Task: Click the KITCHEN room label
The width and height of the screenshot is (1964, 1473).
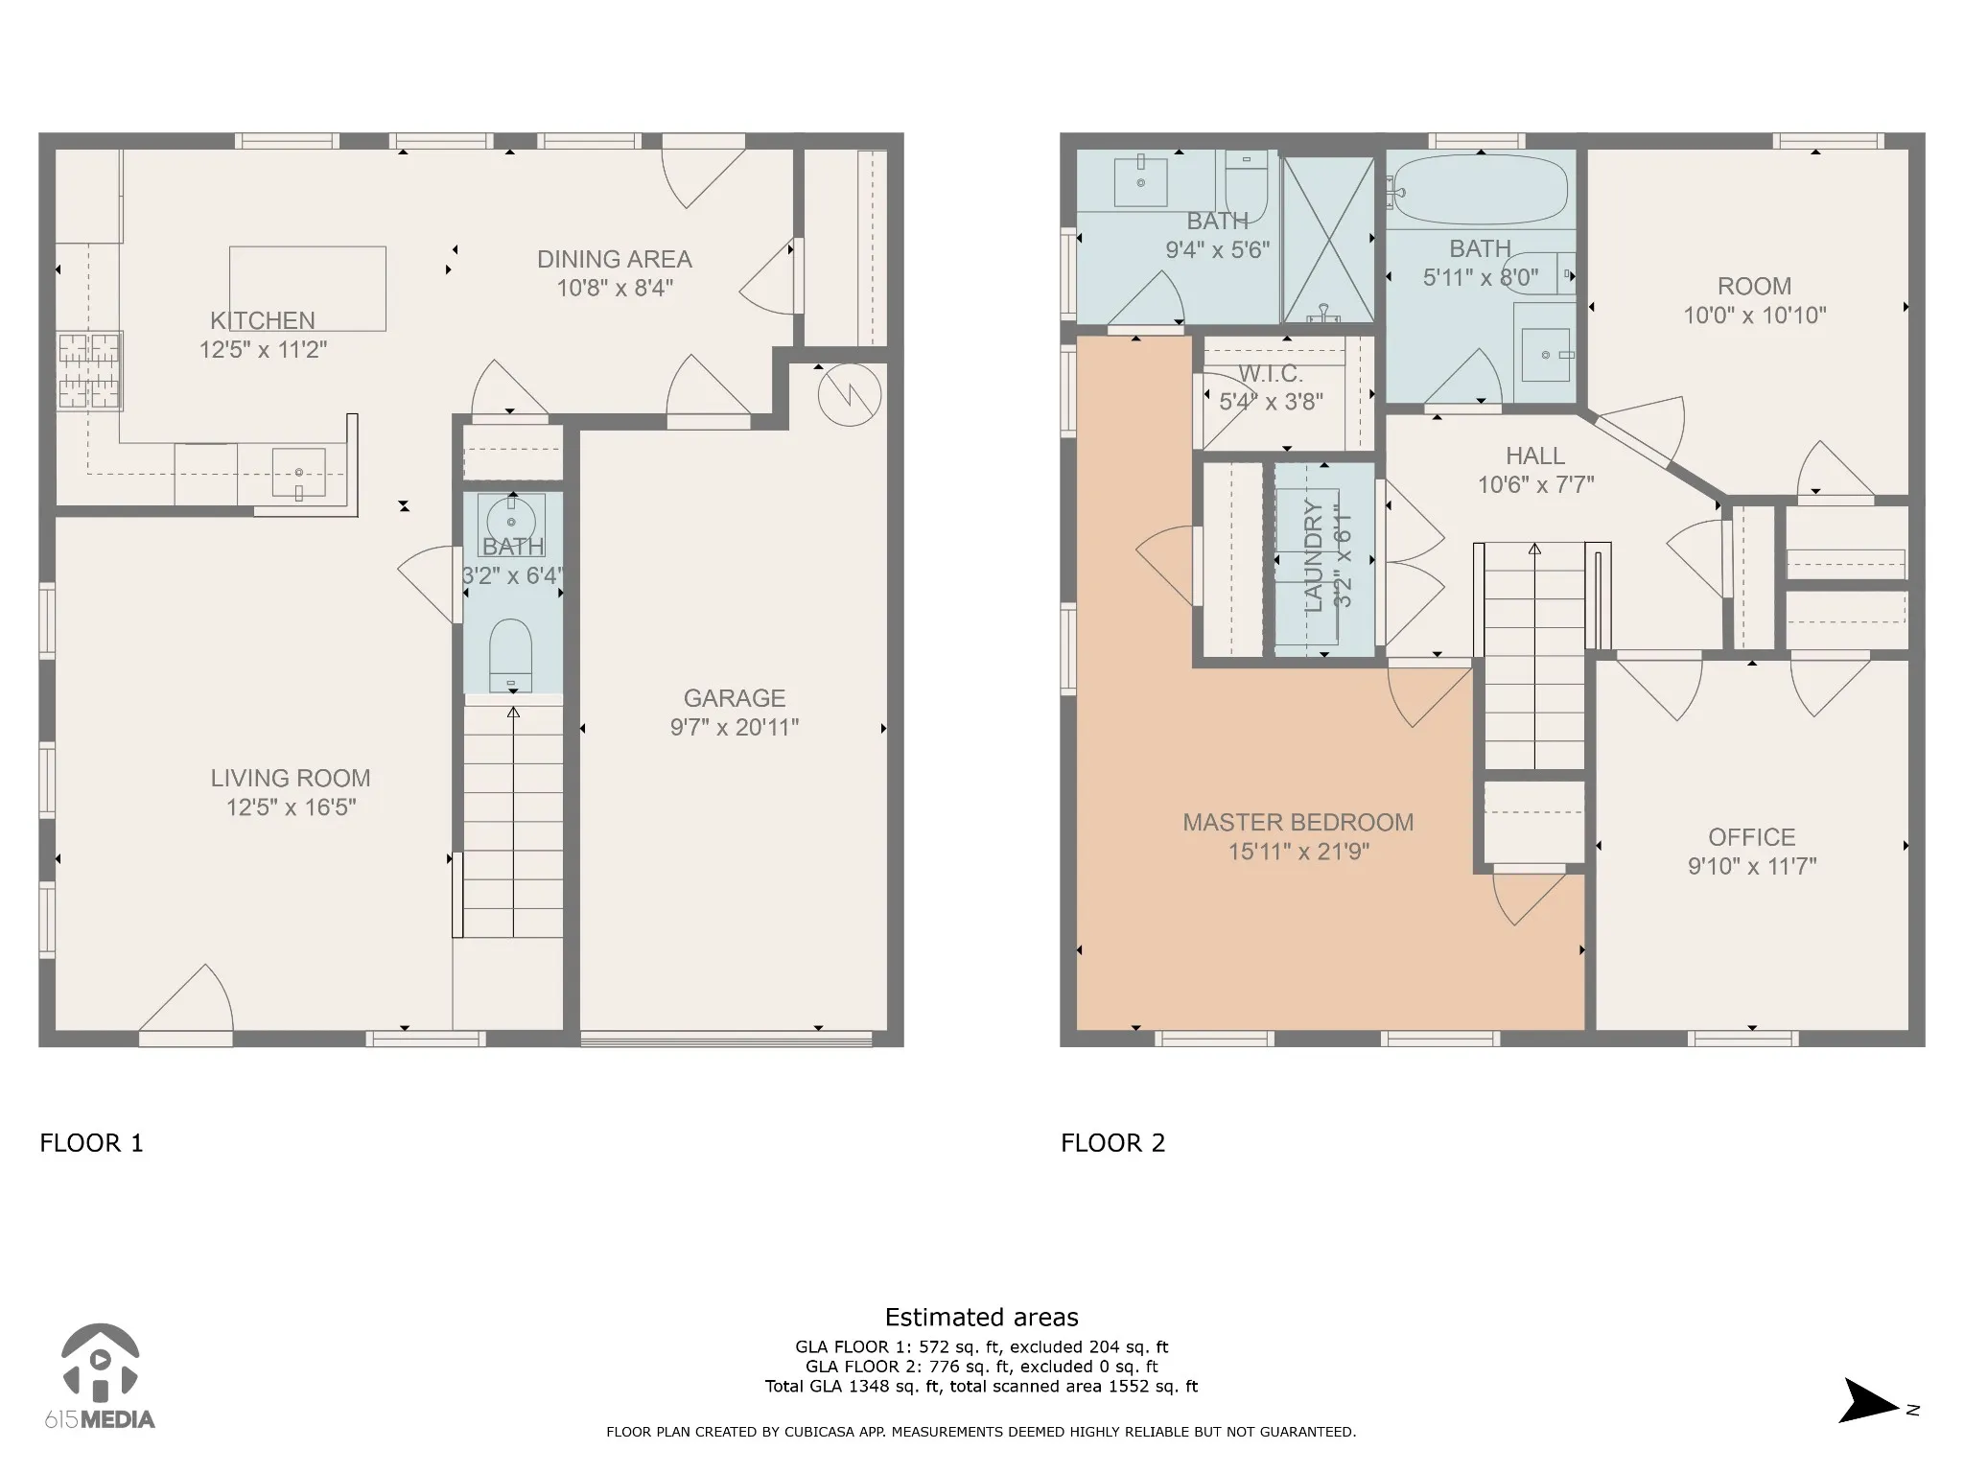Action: pyautogui.click(x=263, y=320)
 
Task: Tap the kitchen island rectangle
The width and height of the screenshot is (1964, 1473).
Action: pyautogui.click(x=308, y=289)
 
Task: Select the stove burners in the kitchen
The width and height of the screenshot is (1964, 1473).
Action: pyautogui.click(x=90, y=370)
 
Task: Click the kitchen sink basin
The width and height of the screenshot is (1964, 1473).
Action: pyautogui.click(x=298, y=472)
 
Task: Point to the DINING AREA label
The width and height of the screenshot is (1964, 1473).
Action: pyautogui.click(x=615, y=259)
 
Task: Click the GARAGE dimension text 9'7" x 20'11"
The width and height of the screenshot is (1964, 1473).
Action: pyautogui.click(x=735, y=728)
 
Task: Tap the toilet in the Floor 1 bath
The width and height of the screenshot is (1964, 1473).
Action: pyautogui.click(x=511, y=655)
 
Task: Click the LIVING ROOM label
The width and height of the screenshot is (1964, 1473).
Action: pyautogui.click(x=291, y=779)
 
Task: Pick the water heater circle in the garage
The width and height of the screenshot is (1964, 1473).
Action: pyautogui.click(x=850, y=394)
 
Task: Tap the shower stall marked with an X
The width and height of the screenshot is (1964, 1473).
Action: pyautogui.click(x=1328, y=240)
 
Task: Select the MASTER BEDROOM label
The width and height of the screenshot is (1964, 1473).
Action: pyautogui.click(x=1298, y=823)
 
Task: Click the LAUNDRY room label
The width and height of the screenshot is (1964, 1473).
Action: pyautogui.click(x=1314, y=556)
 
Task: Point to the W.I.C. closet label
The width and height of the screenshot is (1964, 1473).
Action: pyautogui.click(x=1271, y=374)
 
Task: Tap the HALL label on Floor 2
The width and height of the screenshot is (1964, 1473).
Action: pyautogui.click(x=1535, y=456)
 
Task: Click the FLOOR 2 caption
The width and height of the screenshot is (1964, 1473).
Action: pyautogui.click(x=1113, y=1143)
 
